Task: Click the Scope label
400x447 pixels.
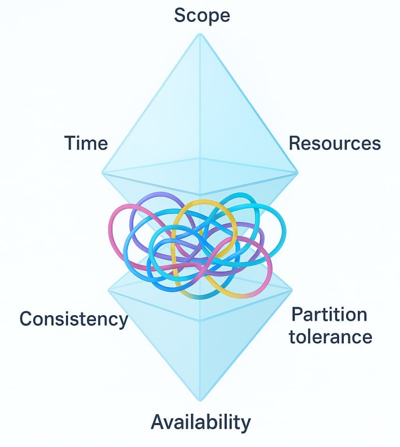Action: point(202,15)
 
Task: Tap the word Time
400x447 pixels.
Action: point(86,143)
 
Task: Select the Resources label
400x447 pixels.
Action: point(334,143)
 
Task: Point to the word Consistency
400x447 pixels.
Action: point(74,319)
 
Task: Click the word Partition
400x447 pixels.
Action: point(329,314)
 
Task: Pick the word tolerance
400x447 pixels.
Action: point(331,336)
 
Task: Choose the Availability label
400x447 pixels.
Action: point(200,422)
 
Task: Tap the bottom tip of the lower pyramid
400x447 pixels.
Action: point(201,401)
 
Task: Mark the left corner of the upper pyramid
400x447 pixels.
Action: point(103,173)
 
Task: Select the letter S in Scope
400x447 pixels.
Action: point(180,15)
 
